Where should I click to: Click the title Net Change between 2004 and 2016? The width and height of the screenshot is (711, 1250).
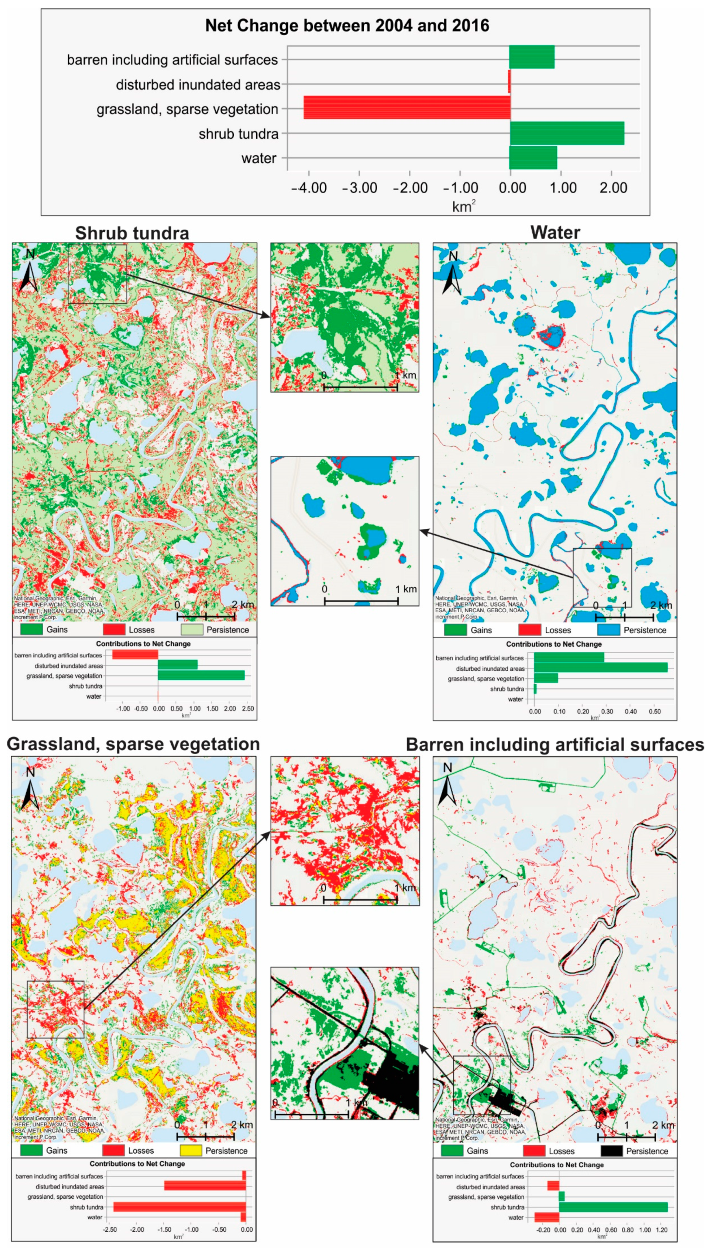coord(347,25)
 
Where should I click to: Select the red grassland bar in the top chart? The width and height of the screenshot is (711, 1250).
coord(407,108)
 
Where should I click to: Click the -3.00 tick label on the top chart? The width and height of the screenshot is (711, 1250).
coord(360,188)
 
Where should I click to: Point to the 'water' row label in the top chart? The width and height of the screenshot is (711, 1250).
coord(259,158)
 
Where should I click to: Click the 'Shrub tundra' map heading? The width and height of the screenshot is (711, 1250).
coord(132,233)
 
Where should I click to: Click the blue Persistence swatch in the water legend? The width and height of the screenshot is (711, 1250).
coord(608,630)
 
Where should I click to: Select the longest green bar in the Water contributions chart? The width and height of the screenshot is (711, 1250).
coord(600,668)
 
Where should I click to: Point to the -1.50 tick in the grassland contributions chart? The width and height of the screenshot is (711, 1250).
coord(164,1229)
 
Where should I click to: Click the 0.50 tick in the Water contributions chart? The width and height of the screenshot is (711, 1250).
coord(654,711)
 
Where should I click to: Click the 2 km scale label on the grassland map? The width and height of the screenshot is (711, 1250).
coord(242,1125)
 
